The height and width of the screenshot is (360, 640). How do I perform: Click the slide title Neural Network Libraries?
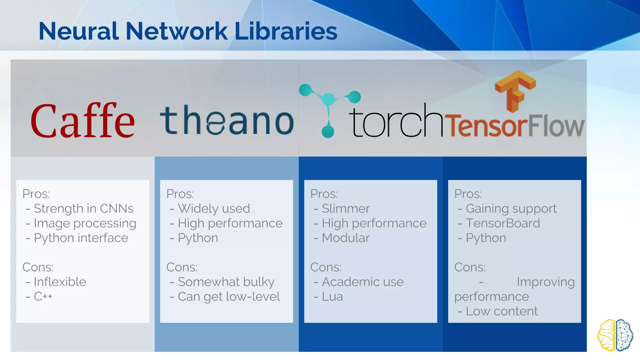click(188, 31)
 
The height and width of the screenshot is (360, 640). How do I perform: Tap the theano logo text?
click(227, 120)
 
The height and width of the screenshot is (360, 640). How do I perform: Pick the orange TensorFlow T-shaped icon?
click(515, 91)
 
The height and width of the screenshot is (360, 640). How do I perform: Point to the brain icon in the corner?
click(615, 335)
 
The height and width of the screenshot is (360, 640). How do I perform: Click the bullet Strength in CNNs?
click(83, 208)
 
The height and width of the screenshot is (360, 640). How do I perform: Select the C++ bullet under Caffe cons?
click(43, 296)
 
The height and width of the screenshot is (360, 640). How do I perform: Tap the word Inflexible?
click(60, 282)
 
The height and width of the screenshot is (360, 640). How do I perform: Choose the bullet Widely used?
click(214, 208)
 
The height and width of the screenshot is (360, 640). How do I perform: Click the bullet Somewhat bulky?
click(226, 282)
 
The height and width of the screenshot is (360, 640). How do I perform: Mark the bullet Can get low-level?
click(229, 296)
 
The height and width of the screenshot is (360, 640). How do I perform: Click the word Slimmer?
click(346, 208)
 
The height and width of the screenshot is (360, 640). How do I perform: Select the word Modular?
click(346, 238)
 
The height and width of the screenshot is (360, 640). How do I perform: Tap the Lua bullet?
click(332, 296)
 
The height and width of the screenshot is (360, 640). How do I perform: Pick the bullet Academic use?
click(362, 282)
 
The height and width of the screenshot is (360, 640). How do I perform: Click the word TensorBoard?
click(503, 223)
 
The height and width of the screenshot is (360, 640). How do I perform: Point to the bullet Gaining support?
click(511, 208)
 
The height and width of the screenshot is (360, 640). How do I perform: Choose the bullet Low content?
click(502, 311)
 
